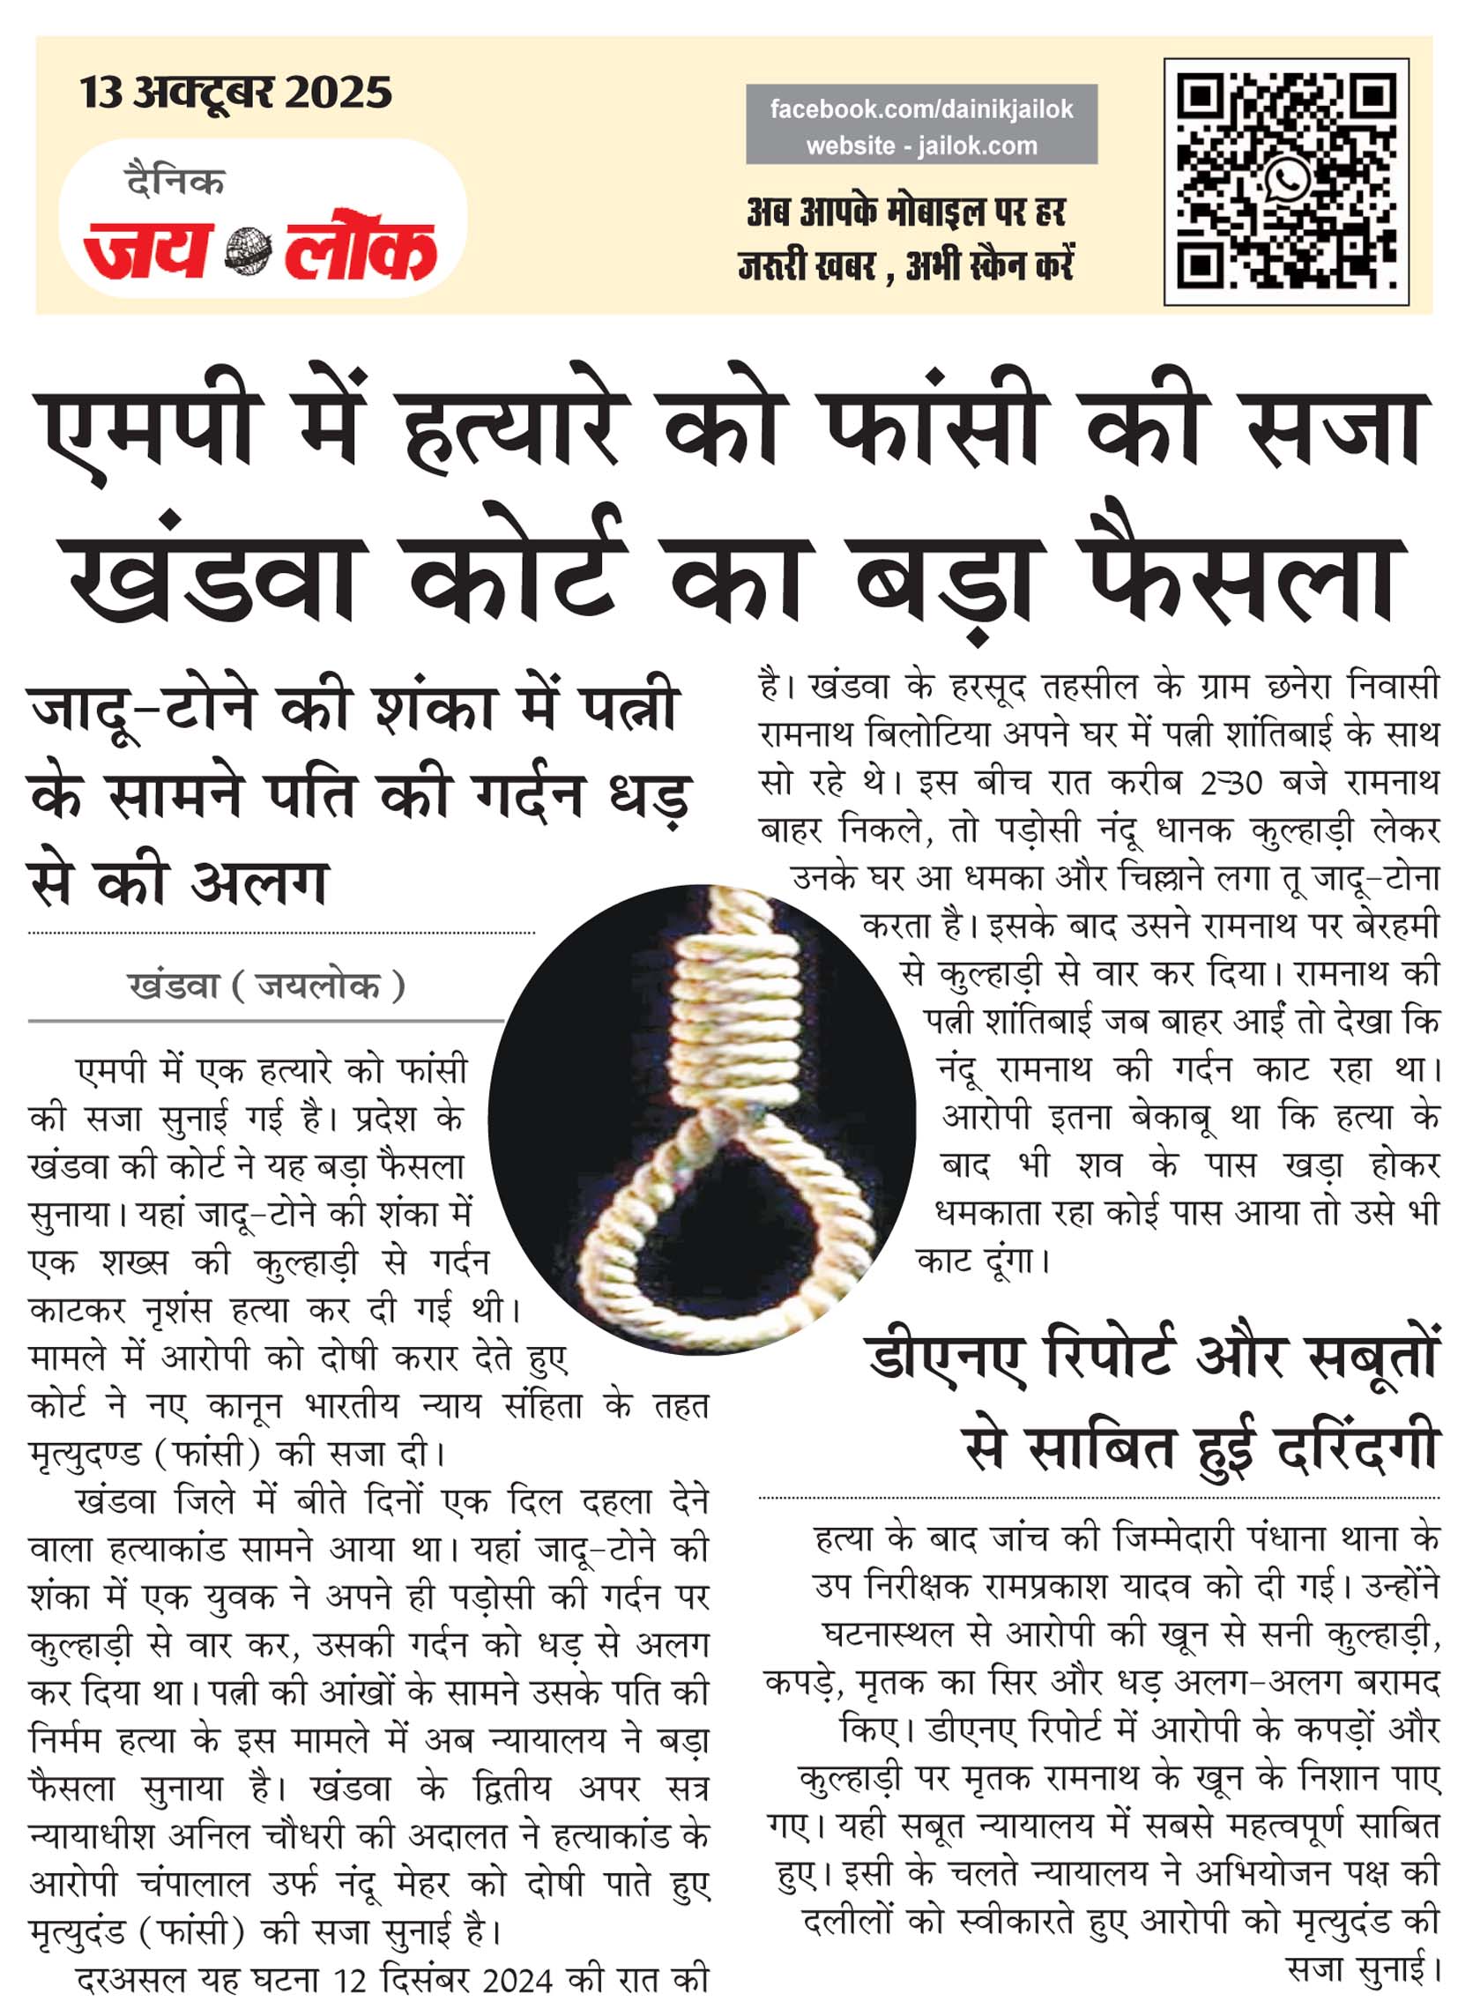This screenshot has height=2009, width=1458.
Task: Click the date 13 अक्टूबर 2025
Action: pos(235,93)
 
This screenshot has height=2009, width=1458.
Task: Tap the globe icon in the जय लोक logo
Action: pos(248,249)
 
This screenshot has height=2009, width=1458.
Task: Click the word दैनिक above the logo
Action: pos(175,181)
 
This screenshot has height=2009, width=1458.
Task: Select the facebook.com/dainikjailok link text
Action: pos(921,109)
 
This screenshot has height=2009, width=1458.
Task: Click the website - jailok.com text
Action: pos(921,145)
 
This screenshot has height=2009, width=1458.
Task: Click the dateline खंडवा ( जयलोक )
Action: pos(266,986)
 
